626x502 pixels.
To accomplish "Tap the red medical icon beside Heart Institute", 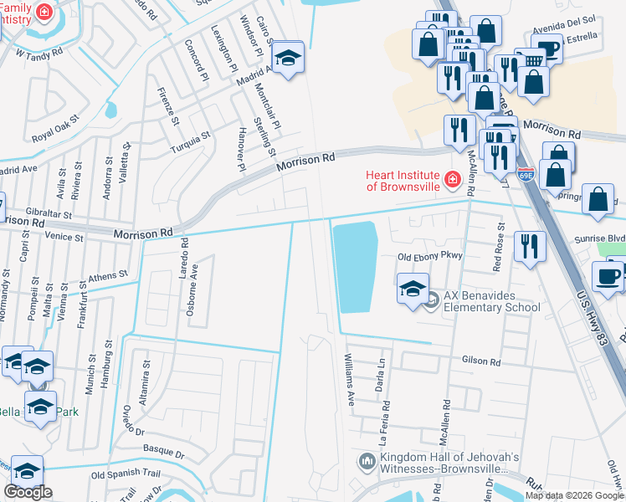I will click(x=453, y=179).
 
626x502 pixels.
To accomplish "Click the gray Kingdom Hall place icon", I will click(x=367, y=462).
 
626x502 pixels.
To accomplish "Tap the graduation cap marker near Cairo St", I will click(x=288, y=59).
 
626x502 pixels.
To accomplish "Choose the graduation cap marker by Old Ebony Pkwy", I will click(x=413, y=289).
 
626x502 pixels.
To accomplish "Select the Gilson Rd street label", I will click(x=481, y=361).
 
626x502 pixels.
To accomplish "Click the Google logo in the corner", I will click(x=28, y=492).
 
